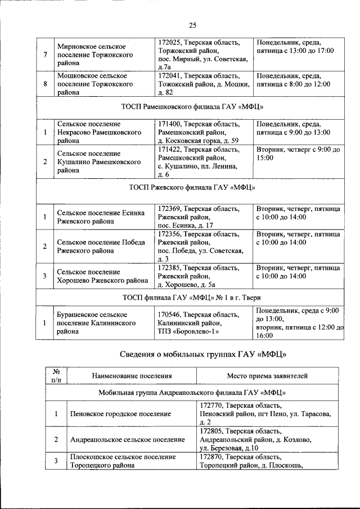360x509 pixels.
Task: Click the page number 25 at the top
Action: [192, 25]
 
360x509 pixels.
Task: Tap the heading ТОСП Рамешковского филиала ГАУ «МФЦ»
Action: [192, 106]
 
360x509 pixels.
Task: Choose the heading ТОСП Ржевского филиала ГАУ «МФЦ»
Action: [192, 187]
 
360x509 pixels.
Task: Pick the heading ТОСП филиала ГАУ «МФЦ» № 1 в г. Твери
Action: [192, 297]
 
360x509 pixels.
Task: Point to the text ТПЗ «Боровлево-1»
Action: [188, 332]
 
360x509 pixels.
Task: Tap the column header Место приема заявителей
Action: [267, 376]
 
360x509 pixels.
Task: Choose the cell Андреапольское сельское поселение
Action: [127, 439]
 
